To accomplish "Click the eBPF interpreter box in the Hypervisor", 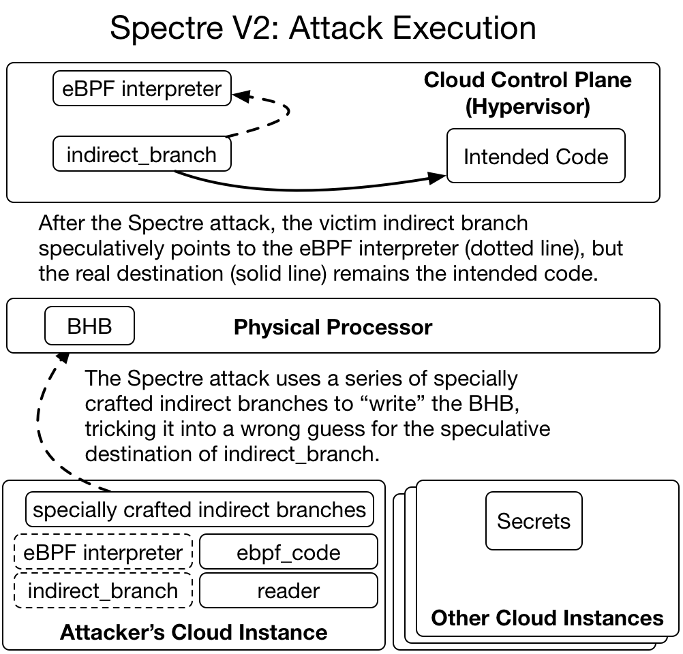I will coord(142,89).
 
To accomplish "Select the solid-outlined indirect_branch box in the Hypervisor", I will coord(142,155).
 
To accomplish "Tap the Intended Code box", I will coord(536,157).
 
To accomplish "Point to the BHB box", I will coord(89,326).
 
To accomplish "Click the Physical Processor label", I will coord(333,327).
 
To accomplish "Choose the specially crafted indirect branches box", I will coord(200,510).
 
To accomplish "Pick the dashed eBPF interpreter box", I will coord(104,552).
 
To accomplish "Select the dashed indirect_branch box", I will coord(104,591).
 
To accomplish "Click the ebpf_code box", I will coord(288,552).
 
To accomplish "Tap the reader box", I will coord(288,591).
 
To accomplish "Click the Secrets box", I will coord(534,521).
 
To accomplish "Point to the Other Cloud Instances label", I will coord(547,618).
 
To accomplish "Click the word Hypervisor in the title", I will coord(528,107).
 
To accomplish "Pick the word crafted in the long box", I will coord(161,510).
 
